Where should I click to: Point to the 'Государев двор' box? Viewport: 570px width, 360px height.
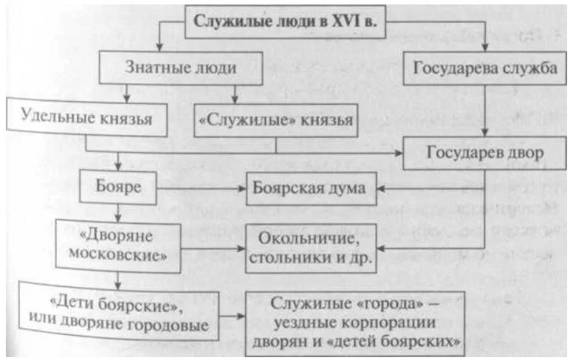485,153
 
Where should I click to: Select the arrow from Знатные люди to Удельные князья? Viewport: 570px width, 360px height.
126,91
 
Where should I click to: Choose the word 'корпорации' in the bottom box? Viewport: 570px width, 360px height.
391,323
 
